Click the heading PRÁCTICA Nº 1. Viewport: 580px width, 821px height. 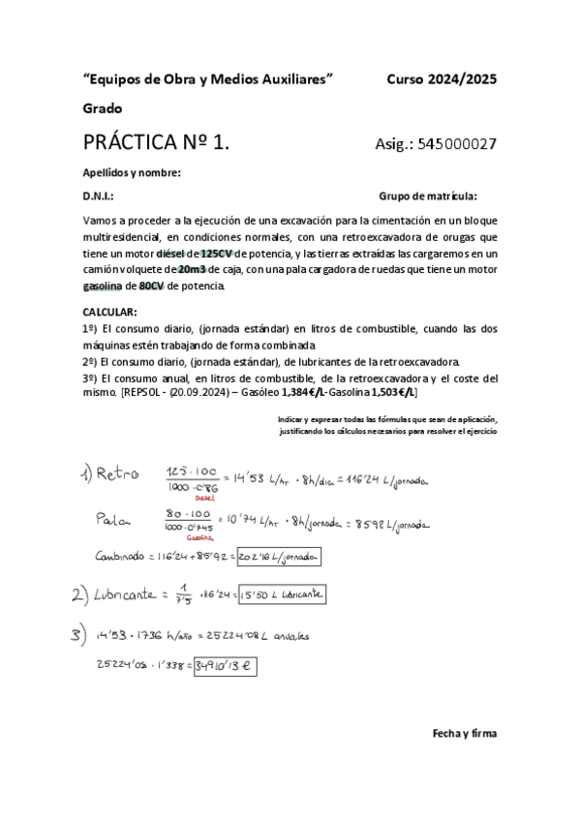coord(157,143)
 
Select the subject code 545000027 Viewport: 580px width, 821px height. coord(458,144)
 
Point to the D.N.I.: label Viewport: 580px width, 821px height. coord(98,196)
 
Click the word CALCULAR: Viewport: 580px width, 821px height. coord(109,313)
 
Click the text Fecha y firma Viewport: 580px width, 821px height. coord(464,733)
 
